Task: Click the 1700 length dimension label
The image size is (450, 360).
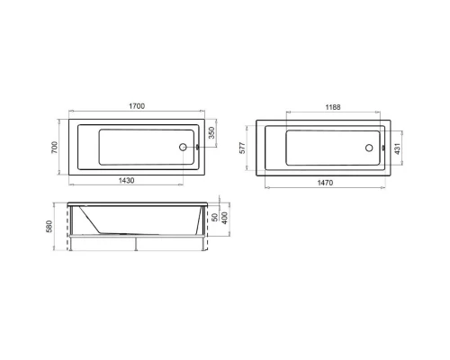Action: click(137, 105)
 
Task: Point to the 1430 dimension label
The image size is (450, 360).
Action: click(126, 182)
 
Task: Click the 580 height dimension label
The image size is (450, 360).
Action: click(55, 224)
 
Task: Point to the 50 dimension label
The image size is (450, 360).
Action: click(213, 219)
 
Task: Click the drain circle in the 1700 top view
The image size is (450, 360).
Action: click(186, 147)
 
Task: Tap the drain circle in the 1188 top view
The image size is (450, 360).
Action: click(371, 148)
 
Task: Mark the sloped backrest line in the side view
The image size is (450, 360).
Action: click(92, 219)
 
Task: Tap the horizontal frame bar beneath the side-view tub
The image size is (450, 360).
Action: click(137, 238)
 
